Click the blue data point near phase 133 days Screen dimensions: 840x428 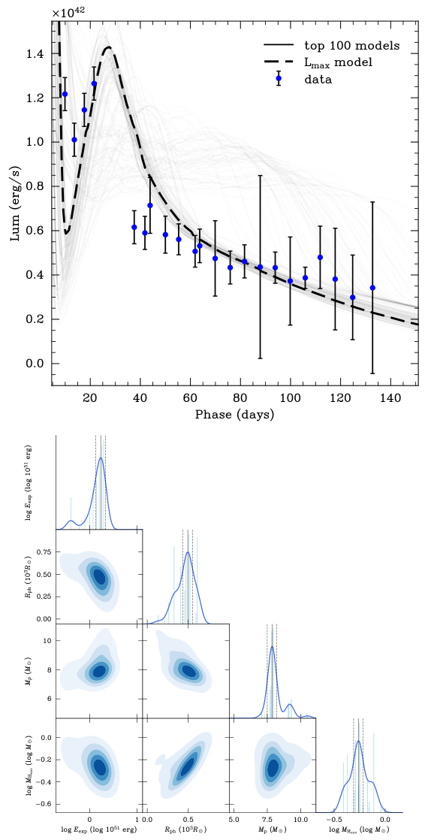[372, 288]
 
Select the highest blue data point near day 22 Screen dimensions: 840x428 [94, 83]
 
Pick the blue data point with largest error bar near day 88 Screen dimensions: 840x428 [261, 267]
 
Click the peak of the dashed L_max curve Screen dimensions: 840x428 [109, 47]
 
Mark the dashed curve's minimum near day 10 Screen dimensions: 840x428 [67, 233]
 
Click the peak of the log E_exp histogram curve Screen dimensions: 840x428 [101, 459]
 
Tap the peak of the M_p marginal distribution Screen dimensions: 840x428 [272, 648]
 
